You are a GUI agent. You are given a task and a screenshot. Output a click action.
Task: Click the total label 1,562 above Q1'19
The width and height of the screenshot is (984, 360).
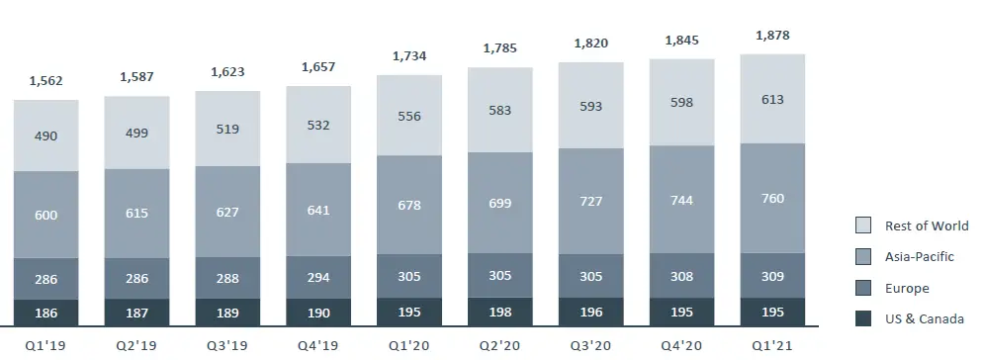(x=46, y=81)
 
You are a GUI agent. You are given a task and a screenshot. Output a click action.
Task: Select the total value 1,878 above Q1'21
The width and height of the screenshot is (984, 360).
(x=772, y=36)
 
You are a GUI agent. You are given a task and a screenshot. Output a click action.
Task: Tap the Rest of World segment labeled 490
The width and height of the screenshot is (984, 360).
(x=46, y=135)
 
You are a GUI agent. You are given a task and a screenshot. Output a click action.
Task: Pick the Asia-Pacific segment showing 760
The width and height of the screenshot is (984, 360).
(x=772, y=199)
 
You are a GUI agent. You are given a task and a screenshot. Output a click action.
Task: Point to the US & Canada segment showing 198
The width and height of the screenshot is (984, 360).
(x=500, y=313)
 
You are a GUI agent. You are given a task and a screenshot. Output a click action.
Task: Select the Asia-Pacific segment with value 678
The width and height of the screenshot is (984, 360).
(x=409, y=205)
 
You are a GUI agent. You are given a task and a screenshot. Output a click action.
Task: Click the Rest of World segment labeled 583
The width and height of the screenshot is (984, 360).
(x=500, y=110)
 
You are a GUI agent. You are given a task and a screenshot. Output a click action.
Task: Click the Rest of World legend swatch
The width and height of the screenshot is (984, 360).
(x=863, y=225)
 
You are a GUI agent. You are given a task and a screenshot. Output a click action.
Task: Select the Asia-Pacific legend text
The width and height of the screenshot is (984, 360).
(x=921, y=256)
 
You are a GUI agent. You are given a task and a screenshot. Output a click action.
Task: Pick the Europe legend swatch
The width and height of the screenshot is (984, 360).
(x=863, y=288)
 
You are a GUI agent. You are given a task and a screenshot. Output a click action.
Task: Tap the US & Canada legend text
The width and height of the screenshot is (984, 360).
(x=926, y=318)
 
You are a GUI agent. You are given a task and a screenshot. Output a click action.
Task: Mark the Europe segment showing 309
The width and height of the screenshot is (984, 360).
(x=772, y=279)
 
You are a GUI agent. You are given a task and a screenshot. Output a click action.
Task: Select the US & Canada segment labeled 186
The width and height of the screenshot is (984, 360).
(x=46, y=313)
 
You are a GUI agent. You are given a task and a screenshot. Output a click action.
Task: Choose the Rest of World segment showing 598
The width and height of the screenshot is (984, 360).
(x=681, y=103)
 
